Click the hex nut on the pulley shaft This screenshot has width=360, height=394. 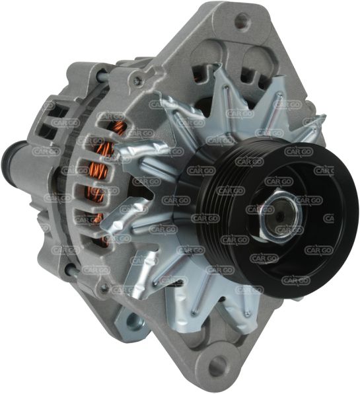280,216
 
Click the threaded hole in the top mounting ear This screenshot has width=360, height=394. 242,19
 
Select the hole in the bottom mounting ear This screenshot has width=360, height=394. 217,364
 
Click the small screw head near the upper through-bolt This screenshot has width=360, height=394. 137,80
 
